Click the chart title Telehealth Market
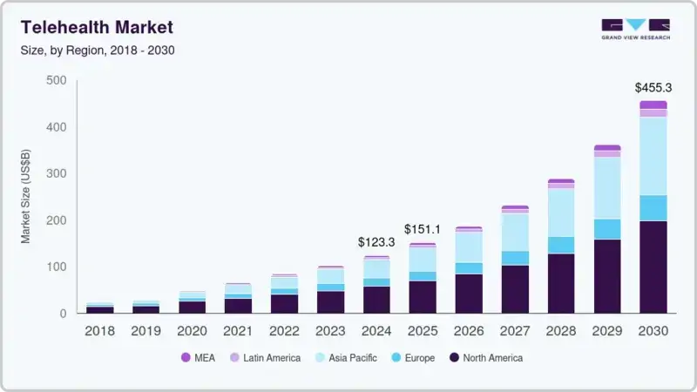click(97, 27)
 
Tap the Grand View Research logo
click(635, 29)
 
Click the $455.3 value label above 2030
click(653, 88)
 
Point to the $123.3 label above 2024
click(377, 242)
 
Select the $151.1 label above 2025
click(423, 229)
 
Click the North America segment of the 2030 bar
click(653, 267)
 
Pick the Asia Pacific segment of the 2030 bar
click(653, 156)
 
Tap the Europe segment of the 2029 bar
click(607, 229)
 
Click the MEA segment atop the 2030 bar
click(653, 105)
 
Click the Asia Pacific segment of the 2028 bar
click(561, 213)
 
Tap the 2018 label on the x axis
click(100, 330)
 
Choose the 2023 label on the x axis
click(330, 330)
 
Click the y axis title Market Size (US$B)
click(26, 197)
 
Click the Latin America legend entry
click(265, 358)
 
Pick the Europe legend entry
click(414, 358)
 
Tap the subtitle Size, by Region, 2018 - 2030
click(98, 50)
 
